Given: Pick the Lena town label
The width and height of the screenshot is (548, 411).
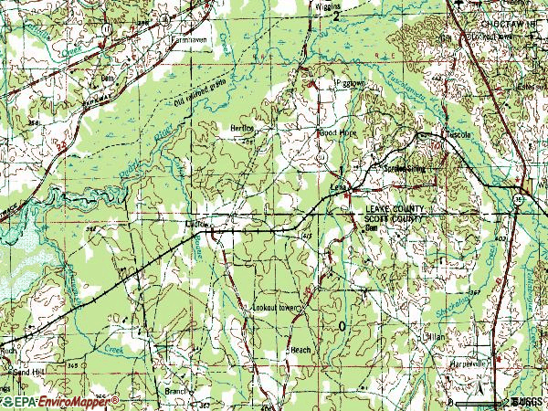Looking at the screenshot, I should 337,187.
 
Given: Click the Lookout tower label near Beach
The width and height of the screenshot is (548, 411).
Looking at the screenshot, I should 276,309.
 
